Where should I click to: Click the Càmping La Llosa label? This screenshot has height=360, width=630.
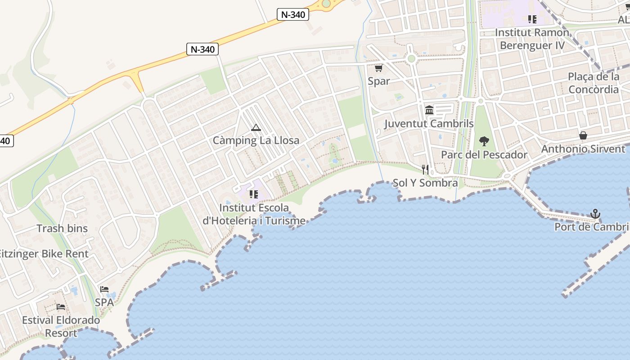(256, 140)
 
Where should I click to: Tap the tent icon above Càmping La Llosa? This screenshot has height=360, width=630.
(256, 128)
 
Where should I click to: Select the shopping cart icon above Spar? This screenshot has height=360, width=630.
(378, 68)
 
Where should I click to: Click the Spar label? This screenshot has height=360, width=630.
(378, 81)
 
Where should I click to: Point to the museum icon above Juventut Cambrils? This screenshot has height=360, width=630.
(429, 110)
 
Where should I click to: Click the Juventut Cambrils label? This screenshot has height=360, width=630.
(429, 123)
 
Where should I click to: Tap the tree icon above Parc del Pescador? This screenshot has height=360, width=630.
(484, 142)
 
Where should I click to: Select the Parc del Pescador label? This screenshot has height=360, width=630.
(484, 155)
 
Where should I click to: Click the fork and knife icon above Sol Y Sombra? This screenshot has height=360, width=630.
(425, 170)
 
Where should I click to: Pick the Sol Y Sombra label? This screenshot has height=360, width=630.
(425, 183)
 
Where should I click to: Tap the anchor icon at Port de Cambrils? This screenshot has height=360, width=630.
(595, 214)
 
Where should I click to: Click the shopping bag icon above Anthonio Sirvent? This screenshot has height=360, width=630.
(583, 135)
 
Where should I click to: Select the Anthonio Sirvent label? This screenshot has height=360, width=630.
(583, 149)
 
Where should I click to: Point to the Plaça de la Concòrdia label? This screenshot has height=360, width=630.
(594, 83)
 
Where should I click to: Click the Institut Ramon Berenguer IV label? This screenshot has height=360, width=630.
(532, 39)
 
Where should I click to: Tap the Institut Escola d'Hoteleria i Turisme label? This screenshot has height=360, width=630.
(254, 214)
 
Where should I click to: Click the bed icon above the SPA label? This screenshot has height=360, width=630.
(104, 289)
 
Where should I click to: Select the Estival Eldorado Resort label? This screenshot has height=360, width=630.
(61, 327)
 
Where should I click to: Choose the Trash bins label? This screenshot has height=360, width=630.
(62, 229)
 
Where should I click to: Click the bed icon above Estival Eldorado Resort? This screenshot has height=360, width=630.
(61, 307)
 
